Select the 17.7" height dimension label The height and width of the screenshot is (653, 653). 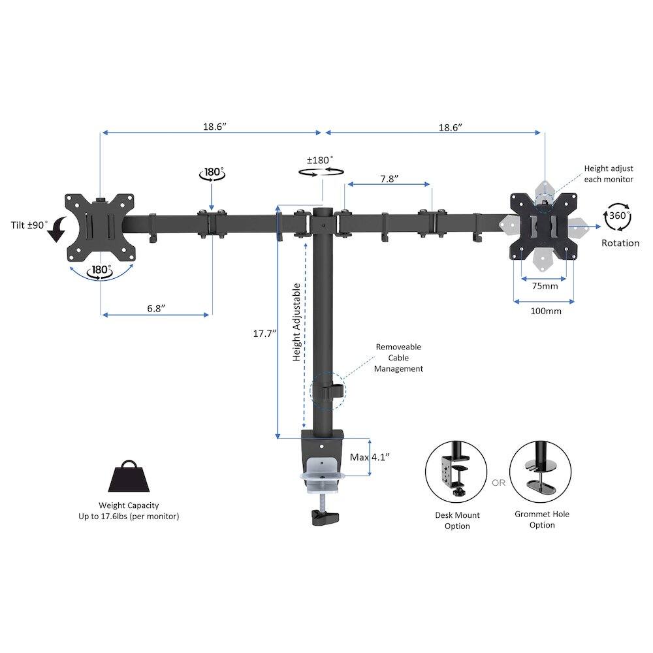pyautogui.click(x=264, y=333)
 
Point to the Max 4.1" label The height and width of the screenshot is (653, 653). pyautogui.click(x=370, y=457)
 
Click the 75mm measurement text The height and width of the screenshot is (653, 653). pyautogui.click(x=545, y=286)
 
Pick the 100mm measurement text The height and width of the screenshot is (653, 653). pyautogui.click(x=545, y=311)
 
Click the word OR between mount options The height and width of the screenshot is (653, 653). pyautogui.click(x=499, y=483)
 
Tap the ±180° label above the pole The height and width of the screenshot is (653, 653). pyautogui.click(x=320, y=160)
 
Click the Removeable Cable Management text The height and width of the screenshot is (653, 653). pyautogui.click(x=398, y=358)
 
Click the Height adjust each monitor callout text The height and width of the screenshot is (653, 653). pyautogui.click(x=609, y=174)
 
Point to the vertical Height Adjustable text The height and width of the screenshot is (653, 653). pyautogui.click(x=296, y=323)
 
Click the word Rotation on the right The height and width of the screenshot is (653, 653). pyautogui.click(x=620, y=243)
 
